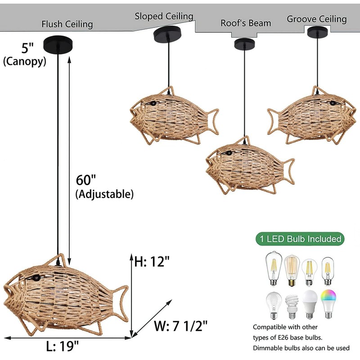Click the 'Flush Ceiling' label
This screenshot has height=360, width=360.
(x=67, y=24)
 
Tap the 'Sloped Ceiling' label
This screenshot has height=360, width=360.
(x=164, y=16)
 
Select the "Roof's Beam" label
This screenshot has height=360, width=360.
(x=246, y=23)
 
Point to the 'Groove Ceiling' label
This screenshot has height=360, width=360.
(x=317, y=19)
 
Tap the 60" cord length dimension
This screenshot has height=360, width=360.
(x=86, y=180)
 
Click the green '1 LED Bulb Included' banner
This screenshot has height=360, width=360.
(x=299, y=238)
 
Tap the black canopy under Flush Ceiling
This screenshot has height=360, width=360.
(x=58, y=44)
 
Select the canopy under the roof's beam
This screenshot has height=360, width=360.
(x=244, y=44)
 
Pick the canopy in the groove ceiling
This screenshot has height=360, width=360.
(x=318, y=31)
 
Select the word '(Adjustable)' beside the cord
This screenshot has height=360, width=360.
(x=104, y=194)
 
